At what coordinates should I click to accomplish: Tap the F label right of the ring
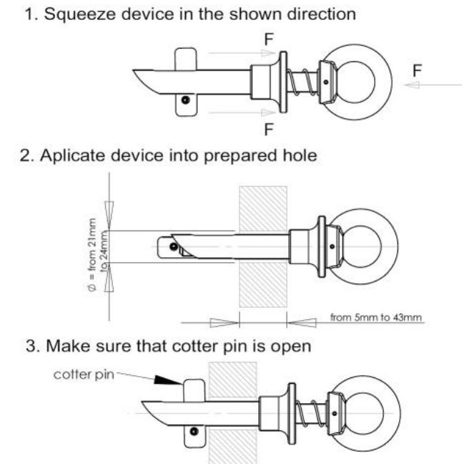coord(418,71)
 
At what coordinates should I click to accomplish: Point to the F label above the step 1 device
coord(269,39)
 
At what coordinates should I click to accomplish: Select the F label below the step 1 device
coord(269,130)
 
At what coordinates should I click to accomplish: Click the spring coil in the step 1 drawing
coord(302,82)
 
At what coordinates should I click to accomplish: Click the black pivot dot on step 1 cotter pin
coord(185,100)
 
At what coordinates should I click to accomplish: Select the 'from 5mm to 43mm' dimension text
coord(376,317)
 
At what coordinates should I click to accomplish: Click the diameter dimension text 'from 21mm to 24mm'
coord(97,254)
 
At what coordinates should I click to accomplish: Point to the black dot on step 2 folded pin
coord(174,247)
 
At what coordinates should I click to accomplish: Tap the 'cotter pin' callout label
coord(84,374)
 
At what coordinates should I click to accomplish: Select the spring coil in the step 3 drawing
coord(310,413)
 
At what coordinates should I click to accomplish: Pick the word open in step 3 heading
coord(291,347)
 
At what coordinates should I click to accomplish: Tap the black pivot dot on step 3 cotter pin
coord(194,431)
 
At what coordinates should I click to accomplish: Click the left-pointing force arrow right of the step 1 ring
coord(433,85)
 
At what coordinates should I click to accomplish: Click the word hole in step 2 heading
coord(300,155)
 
